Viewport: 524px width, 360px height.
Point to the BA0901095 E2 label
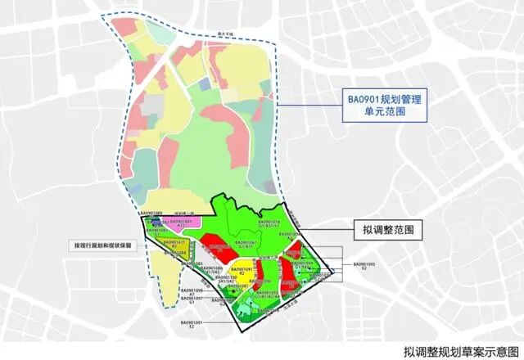tap(364, 266)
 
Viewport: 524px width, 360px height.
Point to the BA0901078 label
tap(269, 223)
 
